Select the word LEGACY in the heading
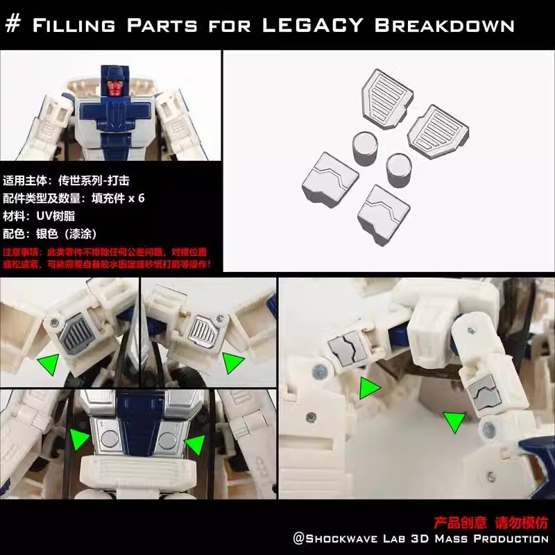313,25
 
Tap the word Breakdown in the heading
444,25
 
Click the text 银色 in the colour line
47,234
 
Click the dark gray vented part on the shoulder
70,334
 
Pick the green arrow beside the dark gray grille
48,363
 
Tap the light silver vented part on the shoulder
203,330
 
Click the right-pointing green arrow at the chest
79,438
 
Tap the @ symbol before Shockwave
299,539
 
